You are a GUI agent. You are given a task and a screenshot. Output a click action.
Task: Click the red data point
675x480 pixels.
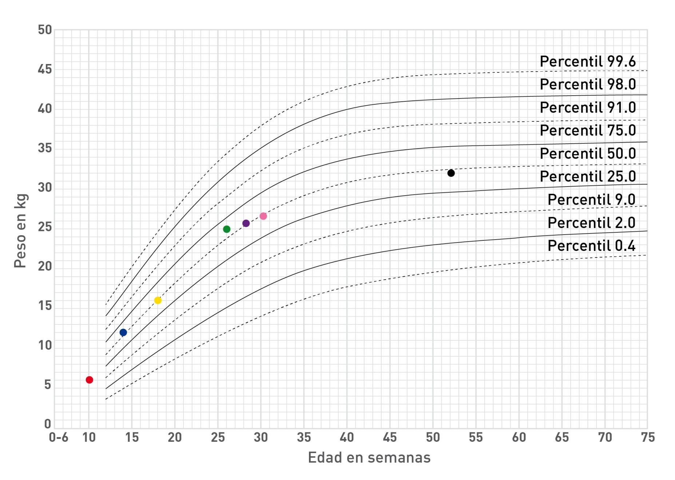[x=89, y=380]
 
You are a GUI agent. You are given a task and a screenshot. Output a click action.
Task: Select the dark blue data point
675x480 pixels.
[x=123, y=332]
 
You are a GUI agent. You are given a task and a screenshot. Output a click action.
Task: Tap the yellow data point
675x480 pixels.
[x=158, y=300]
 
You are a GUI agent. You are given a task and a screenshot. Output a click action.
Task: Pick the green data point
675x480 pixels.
[x=226, y=229]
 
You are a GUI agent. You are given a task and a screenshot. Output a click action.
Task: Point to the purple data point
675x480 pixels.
[x=246, y=223]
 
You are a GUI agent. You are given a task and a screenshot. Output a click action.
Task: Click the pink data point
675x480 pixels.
[x=263, y=216]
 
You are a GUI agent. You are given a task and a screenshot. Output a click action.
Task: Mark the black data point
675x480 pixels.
[x=451, y=173]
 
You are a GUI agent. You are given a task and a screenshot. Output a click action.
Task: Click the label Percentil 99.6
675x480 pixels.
[x=587, y=61]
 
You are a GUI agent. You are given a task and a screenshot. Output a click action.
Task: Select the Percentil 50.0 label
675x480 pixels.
[x=587, y=153]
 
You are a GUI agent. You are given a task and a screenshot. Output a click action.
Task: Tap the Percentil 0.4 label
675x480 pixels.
[x=591, y=246]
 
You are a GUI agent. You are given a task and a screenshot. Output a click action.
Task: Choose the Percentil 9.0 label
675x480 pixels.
[x=591, y=200]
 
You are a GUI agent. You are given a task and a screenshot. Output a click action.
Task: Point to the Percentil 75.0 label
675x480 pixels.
[x=587, y=130]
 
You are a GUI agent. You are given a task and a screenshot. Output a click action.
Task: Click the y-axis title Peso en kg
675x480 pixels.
[x=20, y=231]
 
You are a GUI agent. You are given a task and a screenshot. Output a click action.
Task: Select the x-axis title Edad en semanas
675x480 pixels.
[x=369, y=457]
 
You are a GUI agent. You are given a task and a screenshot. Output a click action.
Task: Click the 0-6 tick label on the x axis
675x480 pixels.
[x=59, y=437]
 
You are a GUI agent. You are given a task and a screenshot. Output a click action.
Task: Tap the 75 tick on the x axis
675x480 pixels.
[x=648, y=437]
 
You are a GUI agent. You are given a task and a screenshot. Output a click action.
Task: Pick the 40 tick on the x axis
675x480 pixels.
[x=346, y=437]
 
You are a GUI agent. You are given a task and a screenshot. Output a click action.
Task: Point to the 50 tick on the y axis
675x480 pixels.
[x=45, y=30]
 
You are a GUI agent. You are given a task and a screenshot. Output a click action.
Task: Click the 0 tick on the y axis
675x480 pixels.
[x=48, y=424]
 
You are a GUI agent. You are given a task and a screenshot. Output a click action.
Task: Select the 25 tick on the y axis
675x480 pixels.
[x=45, y=227]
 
